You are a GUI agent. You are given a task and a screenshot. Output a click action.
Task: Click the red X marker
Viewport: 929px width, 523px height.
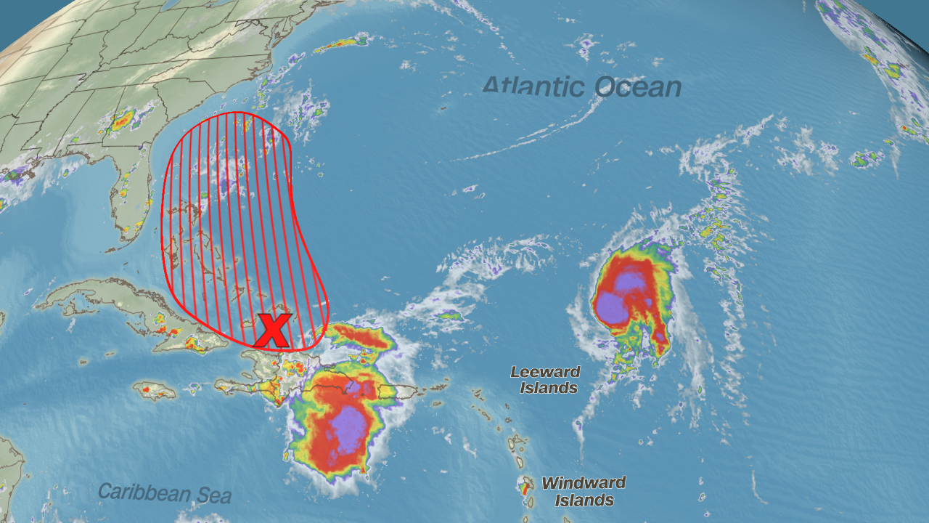click(x=273, y=331)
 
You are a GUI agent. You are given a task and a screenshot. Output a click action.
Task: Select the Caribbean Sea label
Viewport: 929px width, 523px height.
click(x=165, y=493)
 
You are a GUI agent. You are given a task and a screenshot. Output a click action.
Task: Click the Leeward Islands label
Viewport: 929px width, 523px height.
click(x=544, y=380)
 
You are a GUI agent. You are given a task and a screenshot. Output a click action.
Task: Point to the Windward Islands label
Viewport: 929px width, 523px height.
click(x=584, y=492)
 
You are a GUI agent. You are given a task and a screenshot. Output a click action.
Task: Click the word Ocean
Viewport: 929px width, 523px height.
click(x=637, y=88)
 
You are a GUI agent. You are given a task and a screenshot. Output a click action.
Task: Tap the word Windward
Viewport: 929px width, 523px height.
click(x=584, y=483)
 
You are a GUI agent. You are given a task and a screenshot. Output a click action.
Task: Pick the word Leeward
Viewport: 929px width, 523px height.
click(x=545, y=372)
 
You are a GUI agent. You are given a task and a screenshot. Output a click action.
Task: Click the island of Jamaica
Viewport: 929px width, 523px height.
click(x=154, y=391)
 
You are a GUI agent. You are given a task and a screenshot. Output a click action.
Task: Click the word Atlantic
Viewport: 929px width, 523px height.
click(x=534, y=86)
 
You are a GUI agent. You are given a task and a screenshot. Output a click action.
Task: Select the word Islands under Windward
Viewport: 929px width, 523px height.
click(x=584, y=500)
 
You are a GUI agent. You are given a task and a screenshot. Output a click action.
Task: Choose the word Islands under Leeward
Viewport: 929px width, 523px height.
click(x=549, y=389)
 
